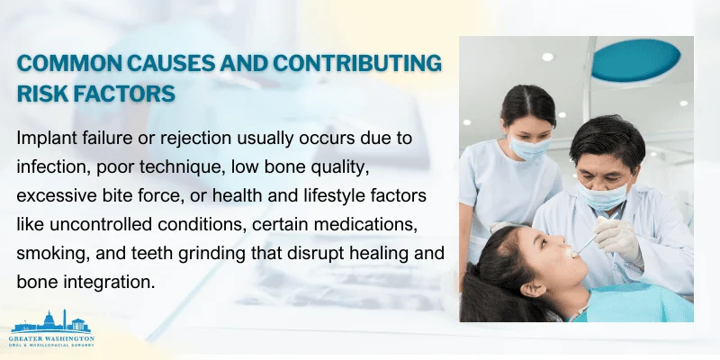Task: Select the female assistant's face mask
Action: (x=529, y=147)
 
